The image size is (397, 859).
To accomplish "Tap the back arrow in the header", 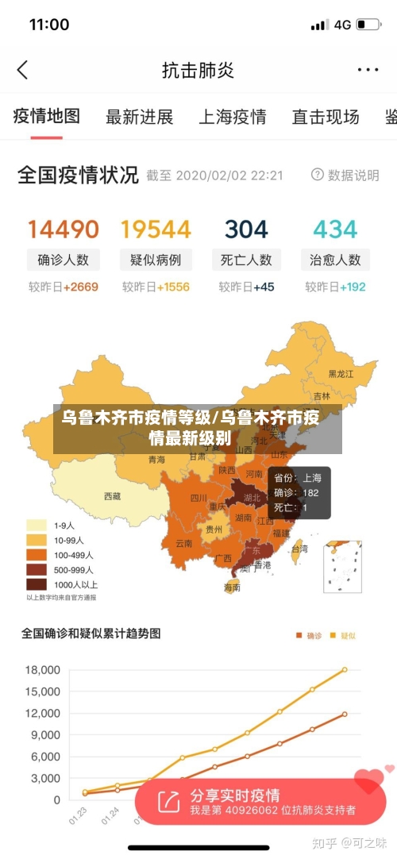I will tap(22, 70).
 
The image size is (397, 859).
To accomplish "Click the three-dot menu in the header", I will tap(368, 70).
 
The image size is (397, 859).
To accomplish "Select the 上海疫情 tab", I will tap(232, 117).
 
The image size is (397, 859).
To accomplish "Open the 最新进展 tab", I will tap(139, 117).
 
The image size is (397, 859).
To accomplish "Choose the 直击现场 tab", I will tap(325, 117).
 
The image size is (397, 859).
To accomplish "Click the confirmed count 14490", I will tap(64, 229).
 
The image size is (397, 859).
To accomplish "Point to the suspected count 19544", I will tap(156, 229).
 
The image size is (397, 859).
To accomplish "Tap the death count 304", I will tap(246, 229).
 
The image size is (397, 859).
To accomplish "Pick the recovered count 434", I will tap(335, 229).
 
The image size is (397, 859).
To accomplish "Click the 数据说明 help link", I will tap(345, 175).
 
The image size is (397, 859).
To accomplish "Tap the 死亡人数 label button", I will tap(246, 260).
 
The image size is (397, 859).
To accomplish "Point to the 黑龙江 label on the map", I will tap(342, 373).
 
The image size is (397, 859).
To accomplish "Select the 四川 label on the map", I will tap(198, 499).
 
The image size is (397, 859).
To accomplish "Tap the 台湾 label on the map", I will tap(299, 548).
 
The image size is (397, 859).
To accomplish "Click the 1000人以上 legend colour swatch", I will tap(37, 584).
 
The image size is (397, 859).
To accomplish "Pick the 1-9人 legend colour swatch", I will tap(37, 525).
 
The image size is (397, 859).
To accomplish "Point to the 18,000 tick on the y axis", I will tap(43, 669).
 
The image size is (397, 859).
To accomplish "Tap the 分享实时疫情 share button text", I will tap(235, 795).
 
